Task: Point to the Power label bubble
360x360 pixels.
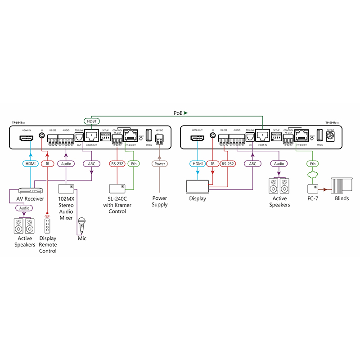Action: pos(160,164)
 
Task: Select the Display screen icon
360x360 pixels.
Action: pos(197,186)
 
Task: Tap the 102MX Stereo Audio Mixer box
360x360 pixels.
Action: pos(66,188)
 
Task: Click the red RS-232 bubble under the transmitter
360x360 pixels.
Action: pos(117,164)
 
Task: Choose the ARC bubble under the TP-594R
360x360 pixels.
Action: pos(252,164)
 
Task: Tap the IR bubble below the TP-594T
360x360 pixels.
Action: pos(47,164)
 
